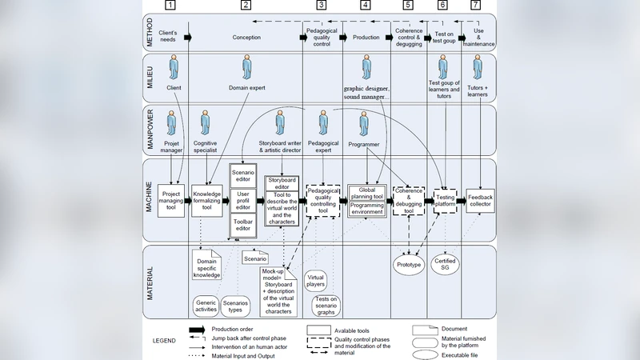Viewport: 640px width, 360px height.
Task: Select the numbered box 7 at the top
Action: [476, 5]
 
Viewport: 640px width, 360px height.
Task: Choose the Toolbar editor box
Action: [244, 225]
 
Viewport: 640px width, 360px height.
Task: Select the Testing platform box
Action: [445, 202]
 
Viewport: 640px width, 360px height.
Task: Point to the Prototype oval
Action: [409, 265]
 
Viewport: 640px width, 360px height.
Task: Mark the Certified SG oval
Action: [445, 265]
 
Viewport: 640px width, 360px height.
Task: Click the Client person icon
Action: [174, 69]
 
